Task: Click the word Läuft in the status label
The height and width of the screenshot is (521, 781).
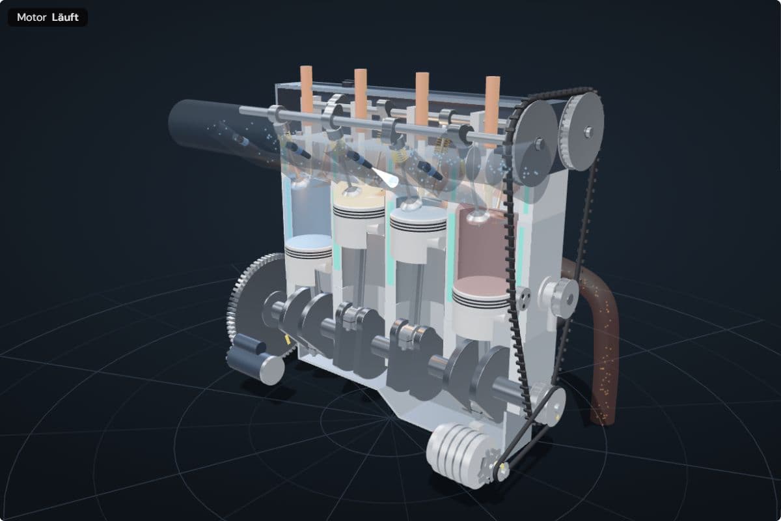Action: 65,17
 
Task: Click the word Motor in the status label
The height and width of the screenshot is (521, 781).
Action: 31,18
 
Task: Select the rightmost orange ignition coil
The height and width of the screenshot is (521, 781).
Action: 493,100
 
